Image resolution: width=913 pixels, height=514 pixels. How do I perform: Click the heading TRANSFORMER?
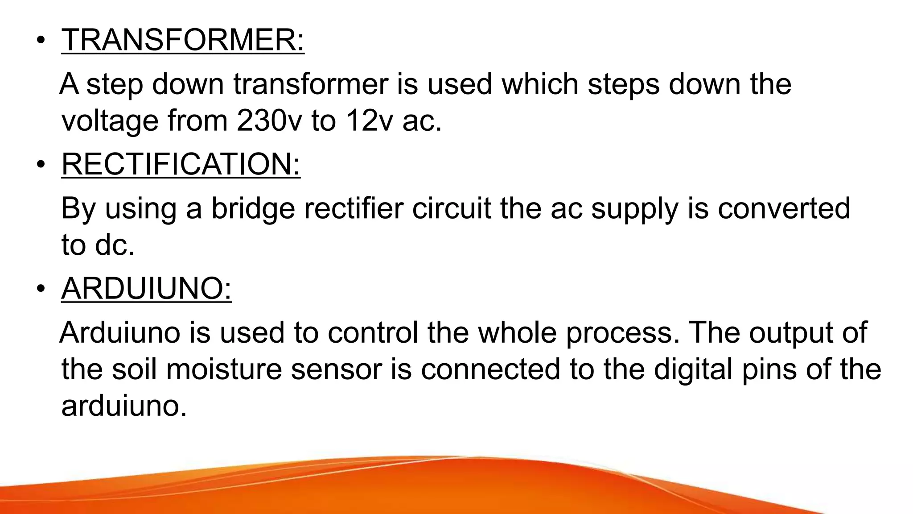pyautogui.click(x=183, y=40)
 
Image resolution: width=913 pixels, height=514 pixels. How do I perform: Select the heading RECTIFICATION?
pyautogui.click(x=181, y=164)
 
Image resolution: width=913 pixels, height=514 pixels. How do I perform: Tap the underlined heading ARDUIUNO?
pyautogui.click(x=146, y=288)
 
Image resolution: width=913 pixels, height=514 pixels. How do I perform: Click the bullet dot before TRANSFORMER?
pyautogui.click(x=41, y=41)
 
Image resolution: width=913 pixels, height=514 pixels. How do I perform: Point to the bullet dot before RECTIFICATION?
pyautogui.click(x=41, y=165)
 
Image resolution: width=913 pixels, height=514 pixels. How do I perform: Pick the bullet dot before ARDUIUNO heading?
pyautogui.click(x=41, y=289)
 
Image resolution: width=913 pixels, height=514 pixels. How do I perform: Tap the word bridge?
pyautogui.click(x=253, y=208)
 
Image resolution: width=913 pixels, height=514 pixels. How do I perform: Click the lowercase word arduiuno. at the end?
pyautogui.click(x=124, y=406)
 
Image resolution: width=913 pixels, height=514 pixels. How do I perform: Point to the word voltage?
pyautogui.click(x=110, y=121)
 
